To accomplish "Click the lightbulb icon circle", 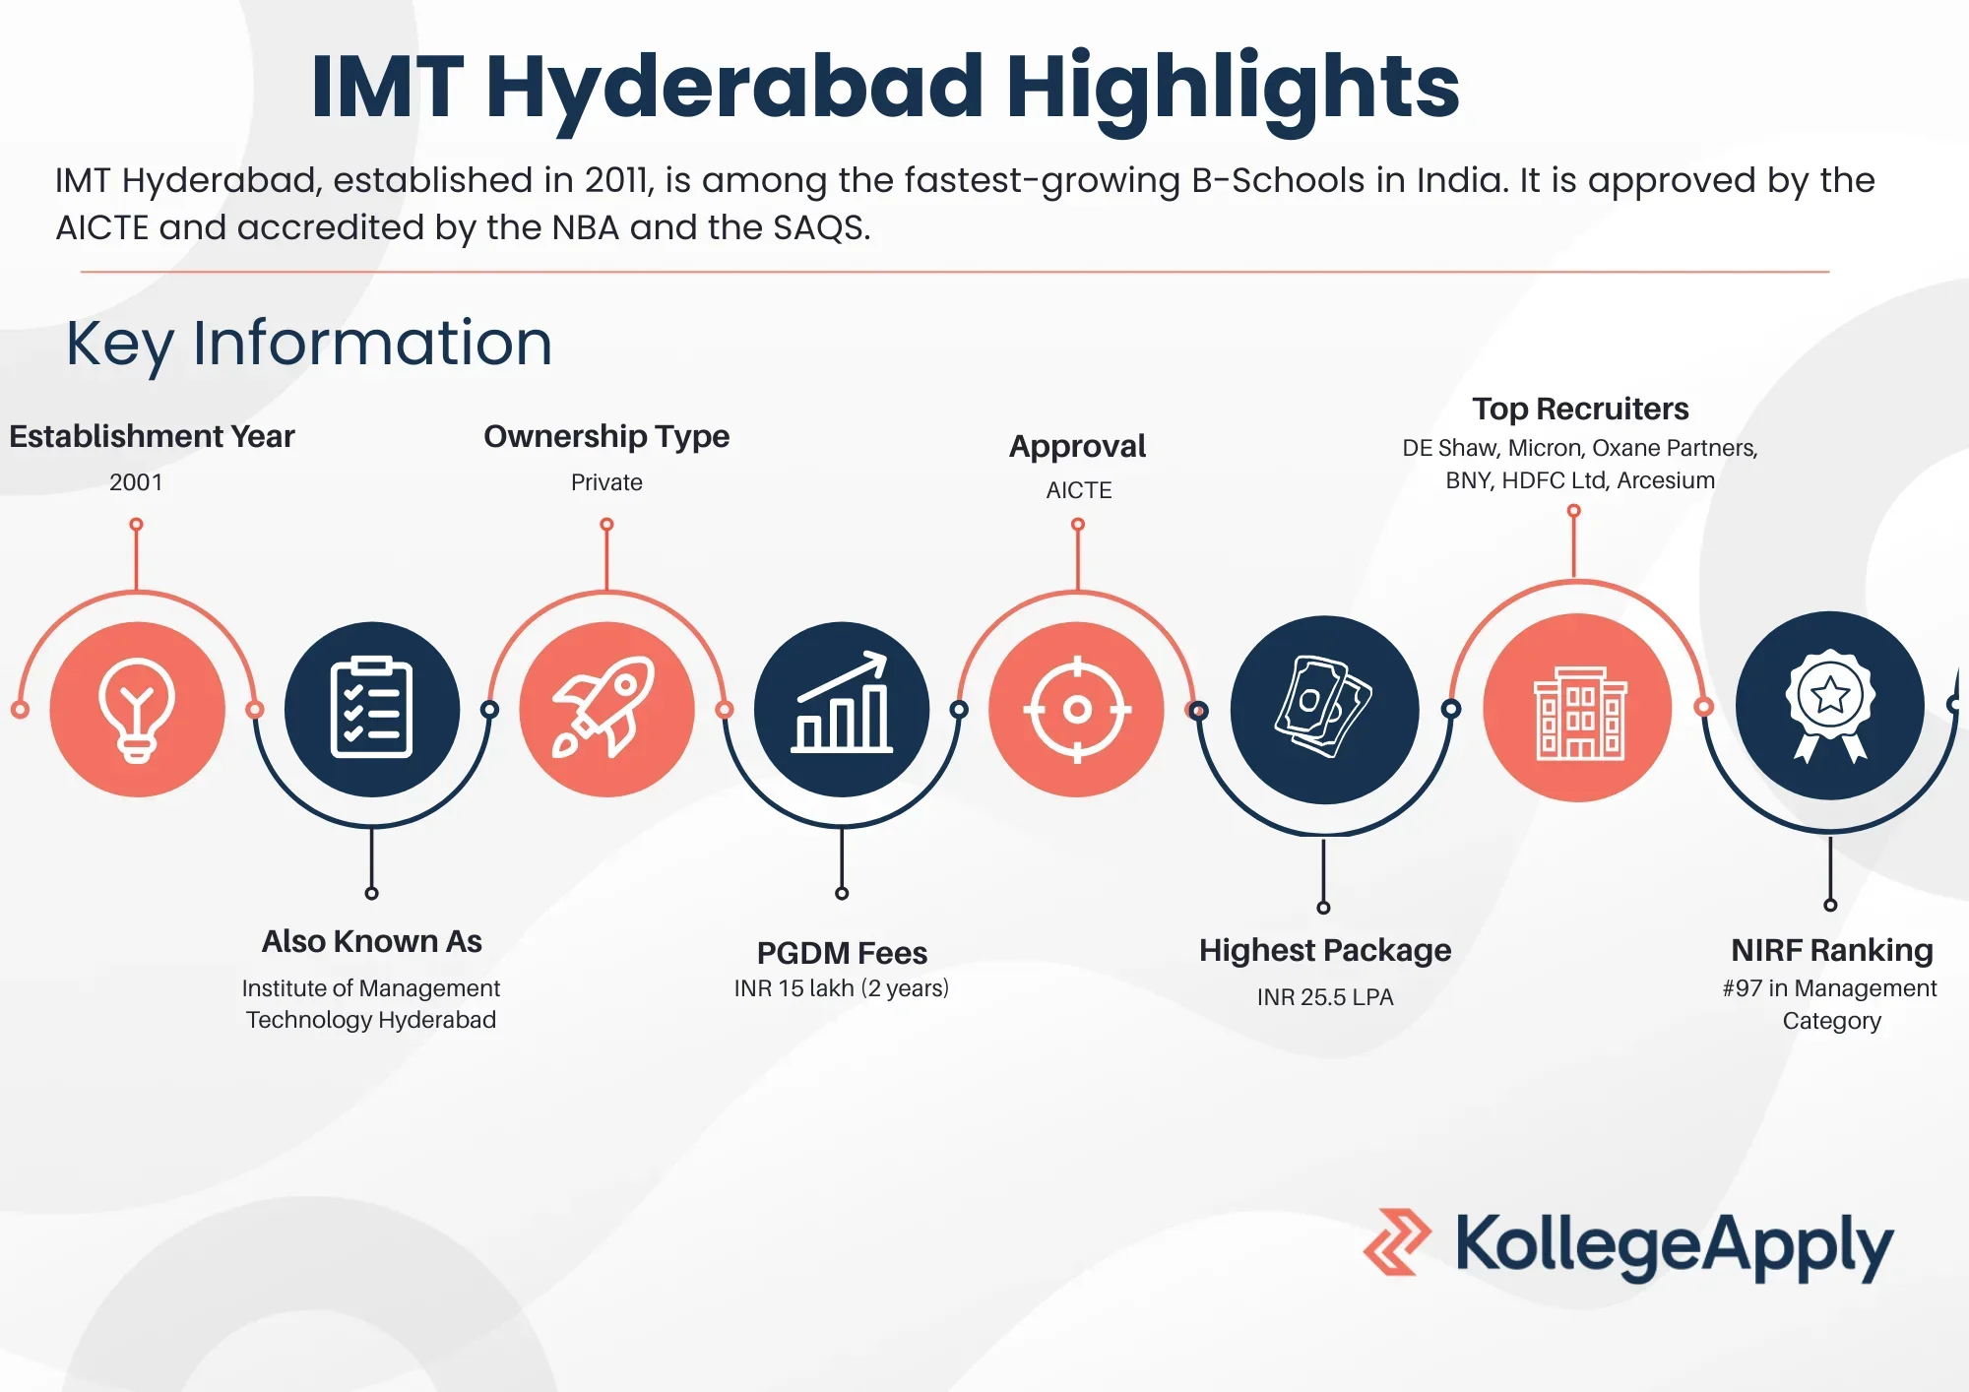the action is [138, 709].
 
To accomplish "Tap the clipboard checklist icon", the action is [371, 709].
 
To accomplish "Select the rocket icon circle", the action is [607, 709].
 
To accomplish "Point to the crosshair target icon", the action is [1077, 709].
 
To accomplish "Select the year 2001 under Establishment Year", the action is [136, 482].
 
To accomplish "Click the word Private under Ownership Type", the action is [606, 482].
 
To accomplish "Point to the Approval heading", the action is [1078, 447].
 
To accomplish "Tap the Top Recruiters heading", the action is [1580, 409].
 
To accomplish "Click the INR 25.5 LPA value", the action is [1325, 997].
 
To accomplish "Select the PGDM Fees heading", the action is [842, 953].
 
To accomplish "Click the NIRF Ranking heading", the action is [1832, 950].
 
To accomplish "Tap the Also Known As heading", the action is [372, 941].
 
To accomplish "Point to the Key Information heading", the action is [309, 344].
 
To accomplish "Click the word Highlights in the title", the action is [1233, 87].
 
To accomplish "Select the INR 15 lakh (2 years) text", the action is [842, 988].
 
